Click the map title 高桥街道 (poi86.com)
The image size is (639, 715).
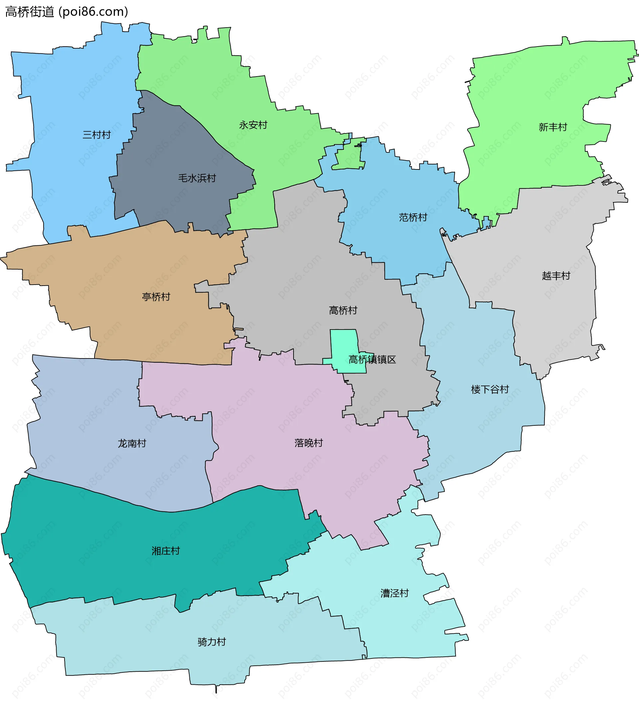pyautogui.click(x=67, y=12)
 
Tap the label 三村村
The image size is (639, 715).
pyautogui.click(x=97, y=135)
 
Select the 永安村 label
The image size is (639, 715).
pyautogui.click(x=253, y=125)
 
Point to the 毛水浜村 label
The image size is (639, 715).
pyautogui.click(x=197, y=178)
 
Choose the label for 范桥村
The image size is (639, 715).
pyautogui.click(x=413, y=218)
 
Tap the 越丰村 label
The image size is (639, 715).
pyautogui.click(x=556, y=276)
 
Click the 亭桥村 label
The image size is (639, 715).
pyautogui.click(x=156, y=297)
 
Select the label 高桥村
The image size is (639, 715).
pyautogui.click(x=343, y=311)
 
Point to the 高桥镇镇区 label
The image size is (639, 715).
pyautogui.click(x=372, y=359)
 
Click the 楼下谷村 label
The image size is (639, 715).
pyautogui.click(x=490, y=389)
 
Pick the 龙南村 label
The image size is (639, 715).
pyautogui.click(x=132, y=443)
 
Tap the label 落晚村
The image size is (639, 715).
pyautogui.click(x=309, y=443)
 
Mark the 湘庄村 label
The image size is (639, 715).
pyautogui.click(x=166, y=551)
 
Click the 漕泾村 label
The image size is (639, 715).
pyautogui.click(x=395, y=593)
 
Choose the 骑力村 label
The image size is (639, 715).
pyautogui.click(x=212, y=642)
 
